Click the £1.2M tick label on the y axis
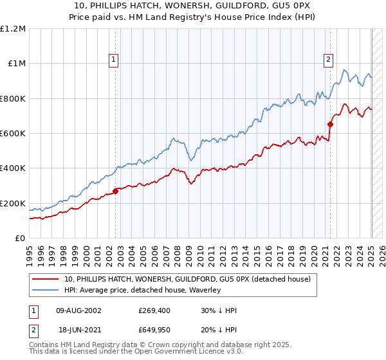[14, 28]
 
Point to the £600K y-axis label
[14, 134]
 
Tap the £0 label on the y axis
[21, 239]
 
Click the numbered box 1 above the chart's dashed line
[114, 60]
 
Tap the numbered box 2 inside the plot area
[329, 60]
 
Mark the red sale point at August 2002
[116, 191]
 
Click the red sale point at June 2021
[330, 124]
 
